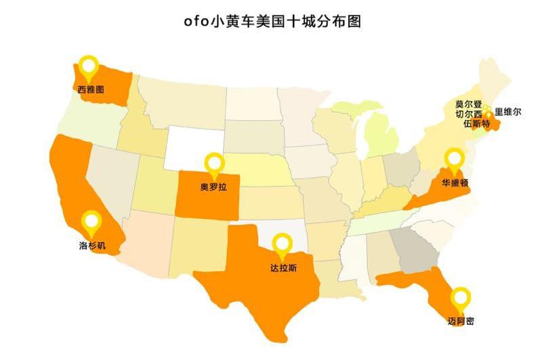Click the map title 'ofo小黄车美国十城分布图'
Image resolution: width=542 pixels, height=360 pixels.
point(272,21)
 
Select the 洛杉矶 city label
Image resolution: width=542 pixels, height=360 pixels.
point(92,245)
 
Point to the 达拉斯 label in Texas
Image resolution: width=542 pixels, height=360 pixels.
point(283,267)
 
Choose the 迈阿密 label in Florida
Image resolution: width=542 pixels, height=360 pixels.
point(461,321)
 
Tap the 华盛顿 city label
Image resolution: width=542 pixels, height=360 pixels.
point(455,183)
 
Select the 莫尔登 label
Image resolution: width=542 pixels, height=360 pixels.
point(468,104)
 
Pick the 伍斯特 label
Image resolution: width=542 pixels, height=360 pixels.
point(476,125)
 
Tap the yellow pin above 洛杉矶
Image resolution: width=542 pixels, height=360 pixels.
point(91,222)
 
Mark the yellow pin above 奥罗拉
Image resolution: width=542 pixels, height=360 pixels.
point(215,164)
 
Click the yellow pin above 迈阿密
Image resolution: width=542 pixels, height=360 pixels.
point(461,298)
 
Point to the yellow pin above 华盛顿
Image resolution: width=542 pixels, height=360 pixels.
point(453,161)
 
